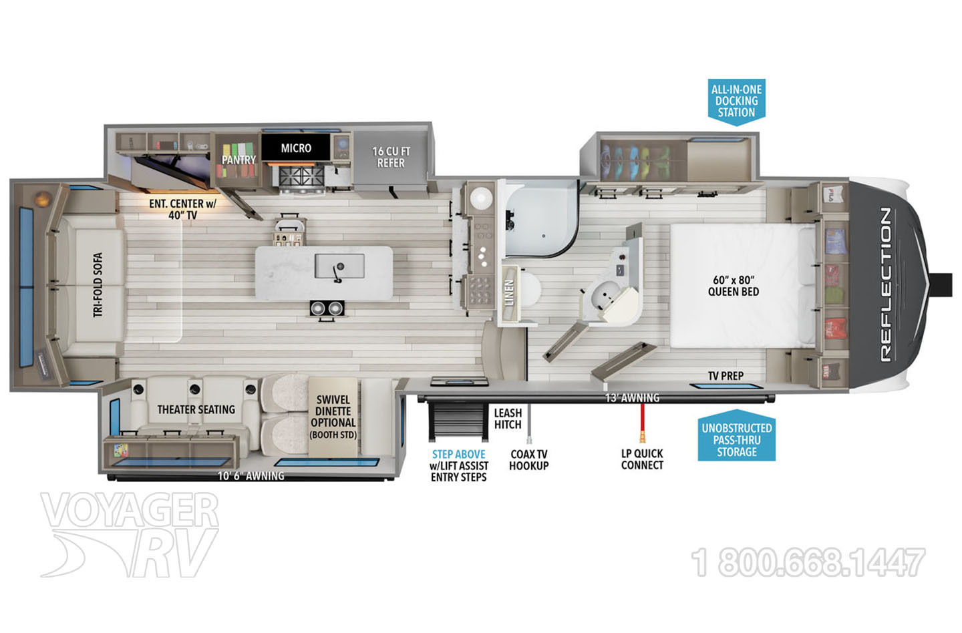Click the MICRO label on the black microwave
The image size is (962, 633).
(x=296, y=148)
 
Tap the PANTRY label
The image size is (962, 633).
(x=238, y=160)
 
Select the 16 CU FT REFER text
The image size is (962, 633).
(x=391, y=157)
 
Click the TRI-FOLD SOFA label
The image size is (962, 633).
(x=98, y=285)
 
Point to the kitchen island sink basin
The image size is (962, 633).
(x=339, y=266)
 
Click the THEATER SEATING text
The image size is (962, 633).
(x=196, y=409)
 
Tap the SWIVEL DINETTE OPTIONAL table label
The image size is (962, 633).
(x=333, y=417)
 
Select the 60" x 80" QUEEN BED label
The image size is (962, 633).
(x=734, y=286)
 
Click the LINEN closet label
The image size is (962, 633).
(x=509, y=292)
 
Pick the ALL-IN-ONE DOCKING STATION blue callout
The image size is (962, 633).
(x=736, y=101)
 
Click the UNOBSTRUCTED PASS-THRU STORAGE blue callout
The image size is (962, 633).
(x=736, y=436)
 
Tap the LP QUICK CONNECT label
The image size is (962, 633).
(x=642, y=459)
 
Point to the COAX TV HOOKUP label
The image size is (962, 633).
(x=529, y=459)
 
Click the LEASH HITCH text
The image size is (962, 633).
(x=508, y=419)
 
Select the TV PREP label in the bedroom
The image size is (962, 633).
(x=726, y=376)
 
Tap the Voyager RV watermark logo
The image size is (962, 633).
(x=130, y=534)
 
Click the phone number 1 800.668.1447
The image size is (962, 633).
(x=808, y=562)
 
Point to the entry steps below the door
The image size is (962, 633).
(x=458, y=422)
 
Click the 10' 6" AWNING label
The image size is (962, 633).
(x=251, y=476)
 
